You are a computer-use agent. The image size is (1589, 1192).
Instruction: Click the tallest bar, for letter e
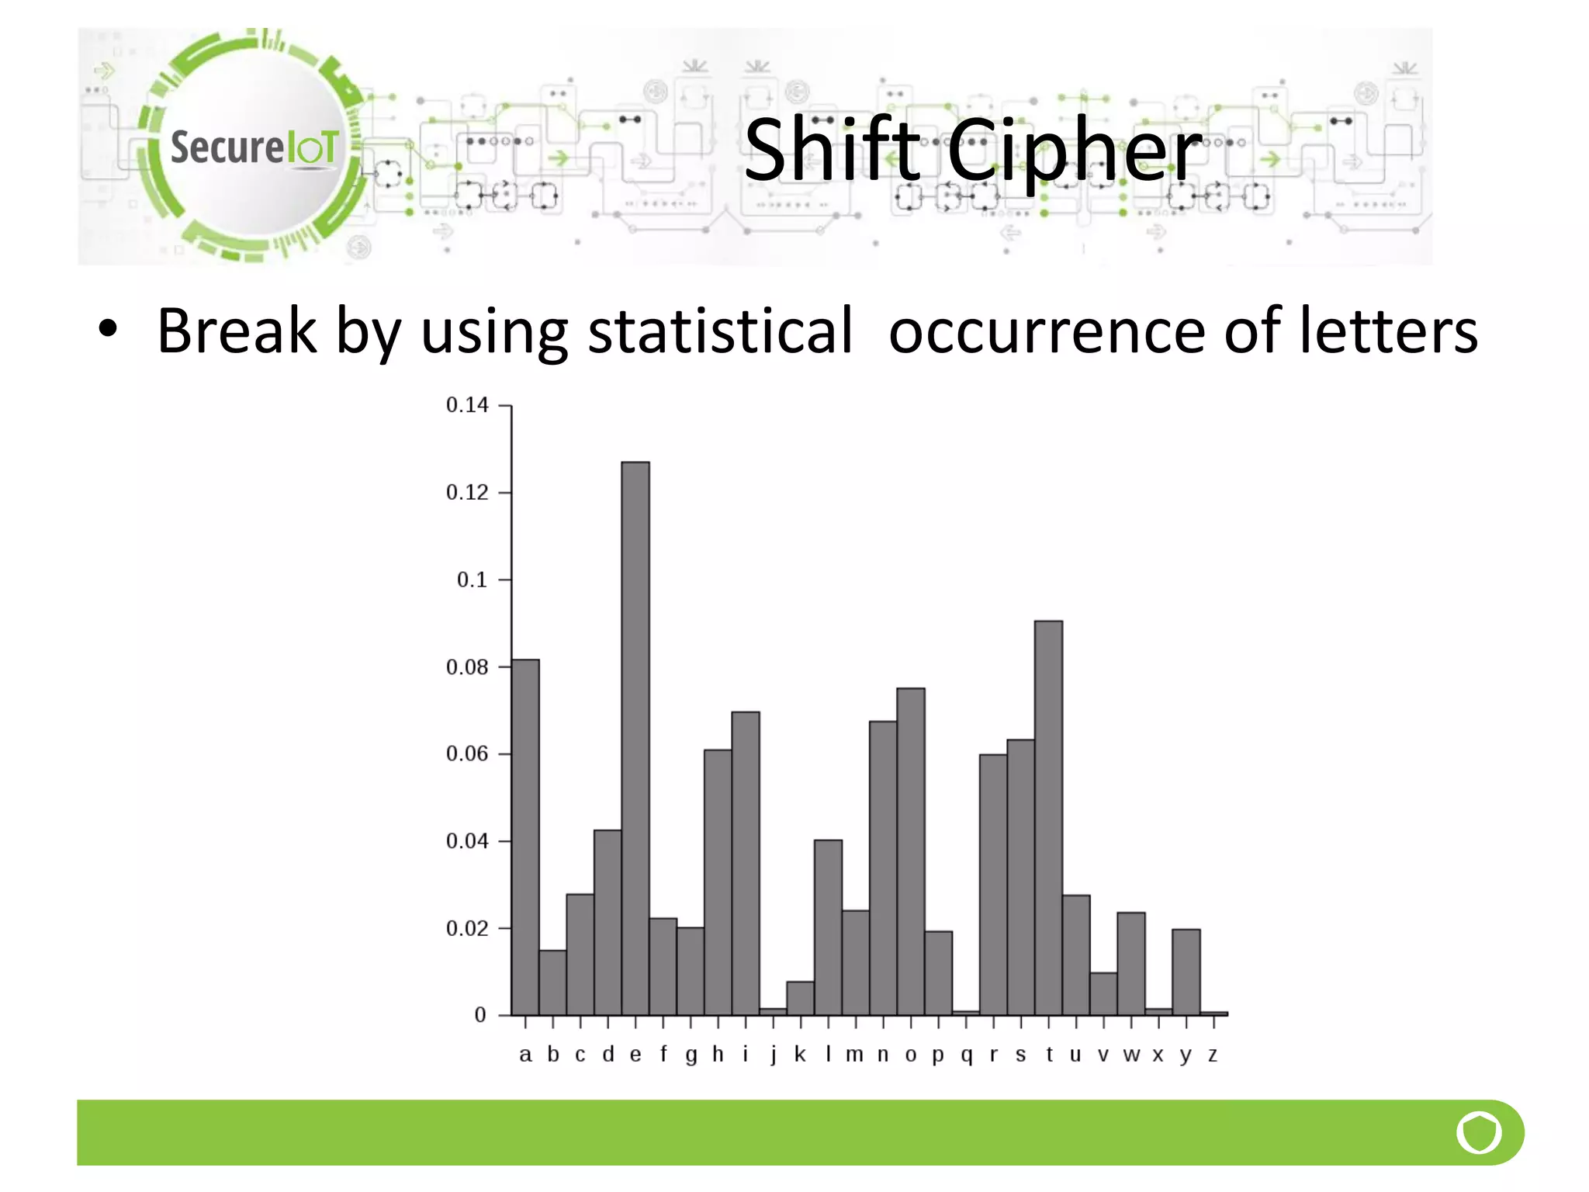coord(635,737)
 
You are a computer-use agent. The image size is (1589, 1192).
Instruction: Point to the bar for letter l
coord(828,927)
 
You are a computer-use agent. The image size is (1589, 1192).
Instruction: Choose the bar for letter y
coord(1186,972)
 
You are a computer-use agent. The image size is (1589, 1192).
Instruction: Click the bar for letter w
coord(1131,963)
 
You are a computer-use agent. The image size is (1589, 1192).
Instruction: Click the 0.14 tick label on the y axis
coord(467,405)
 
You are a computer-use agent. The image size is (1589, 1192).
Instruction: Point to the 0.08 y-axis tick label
coord(467,667)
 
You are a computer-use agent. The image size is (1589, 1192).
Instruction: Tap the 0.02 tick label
coord(467,929)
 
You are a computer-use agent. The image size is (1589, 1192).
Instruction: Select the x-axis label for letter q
coord(966,1055)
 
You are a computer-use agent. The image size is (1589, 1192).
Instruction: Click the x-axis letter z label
coord(1213,1055)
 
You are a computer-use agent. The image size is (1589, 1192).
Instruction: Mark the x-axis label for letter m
coord(854,1055)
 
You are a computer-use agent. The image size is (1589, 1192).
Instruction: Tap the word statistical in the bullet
coord(721,331)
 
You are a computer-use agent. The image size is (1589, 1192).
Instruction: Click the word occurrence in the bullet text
coord(1047,333)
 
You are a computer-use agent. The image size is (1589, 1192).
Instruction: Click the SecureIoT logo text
coord(254,147)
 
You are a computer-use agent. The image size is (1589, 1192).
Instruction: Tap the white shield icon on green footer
coord(1479,1132)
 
